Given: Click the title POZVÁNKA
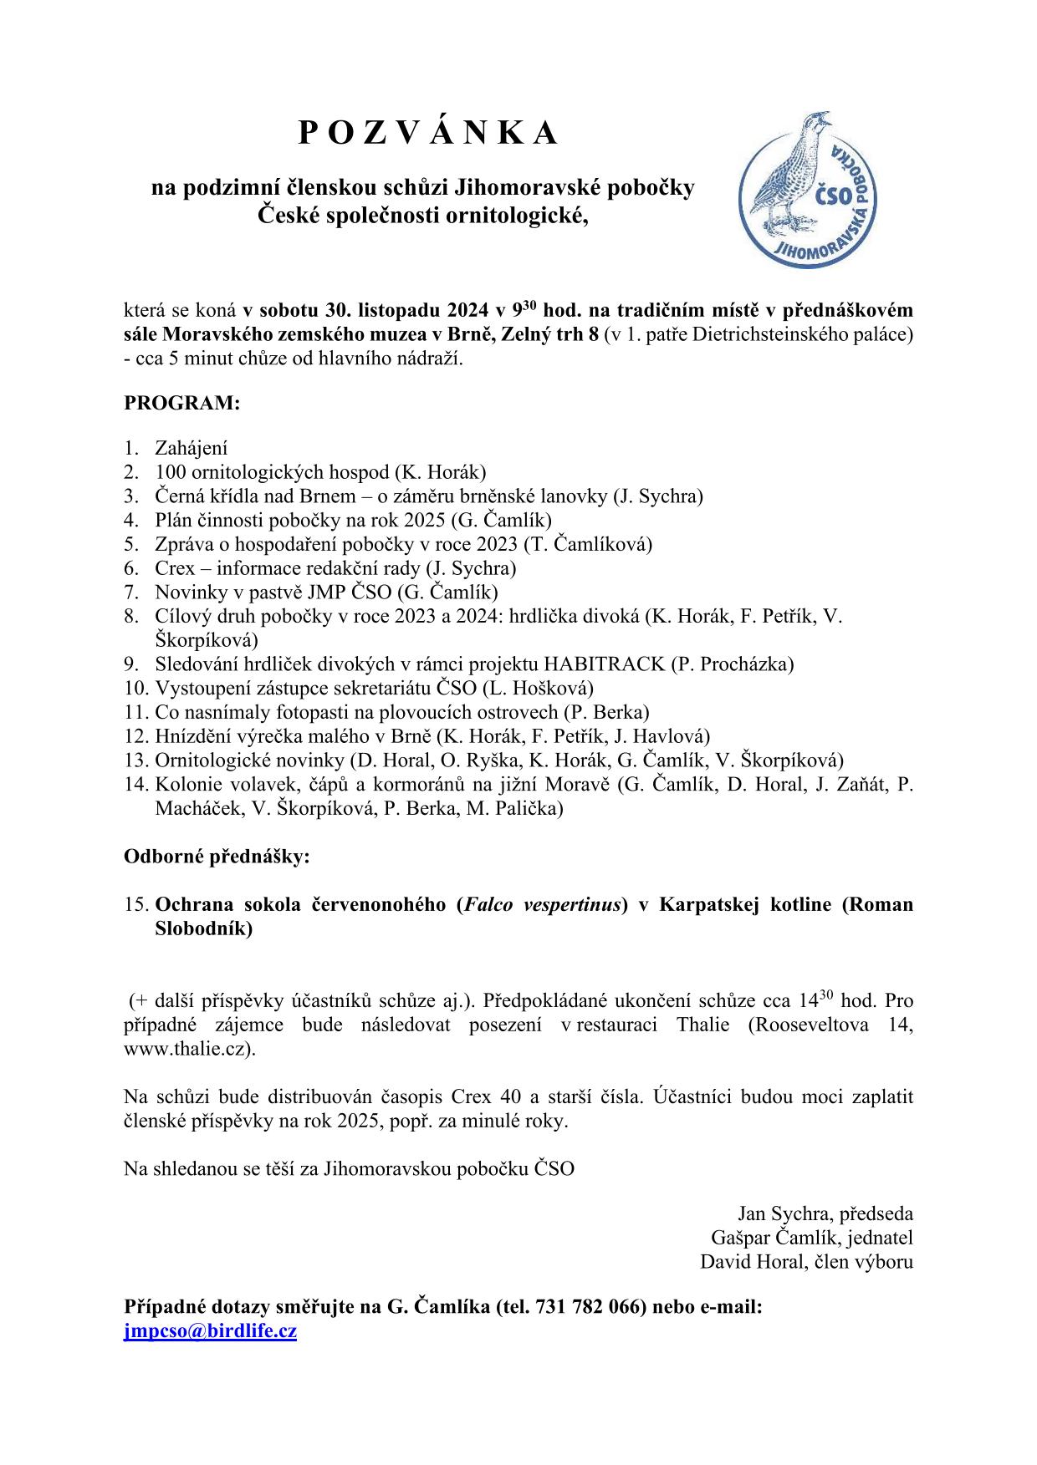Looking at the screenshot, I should [427, 133].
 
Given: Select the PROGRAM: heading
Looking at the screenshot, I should [181, 403].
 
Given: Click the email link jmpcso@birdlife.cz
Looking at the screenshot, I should [210, 1331].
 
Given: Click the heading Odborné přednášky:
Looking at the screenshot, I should [217, 857].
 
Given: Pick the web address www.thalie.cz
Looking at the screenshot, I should [188, 1049].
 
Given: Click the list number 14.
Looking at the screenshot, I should [135, 785].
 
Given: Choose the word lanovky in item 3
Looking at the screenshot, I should [575, 496].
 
